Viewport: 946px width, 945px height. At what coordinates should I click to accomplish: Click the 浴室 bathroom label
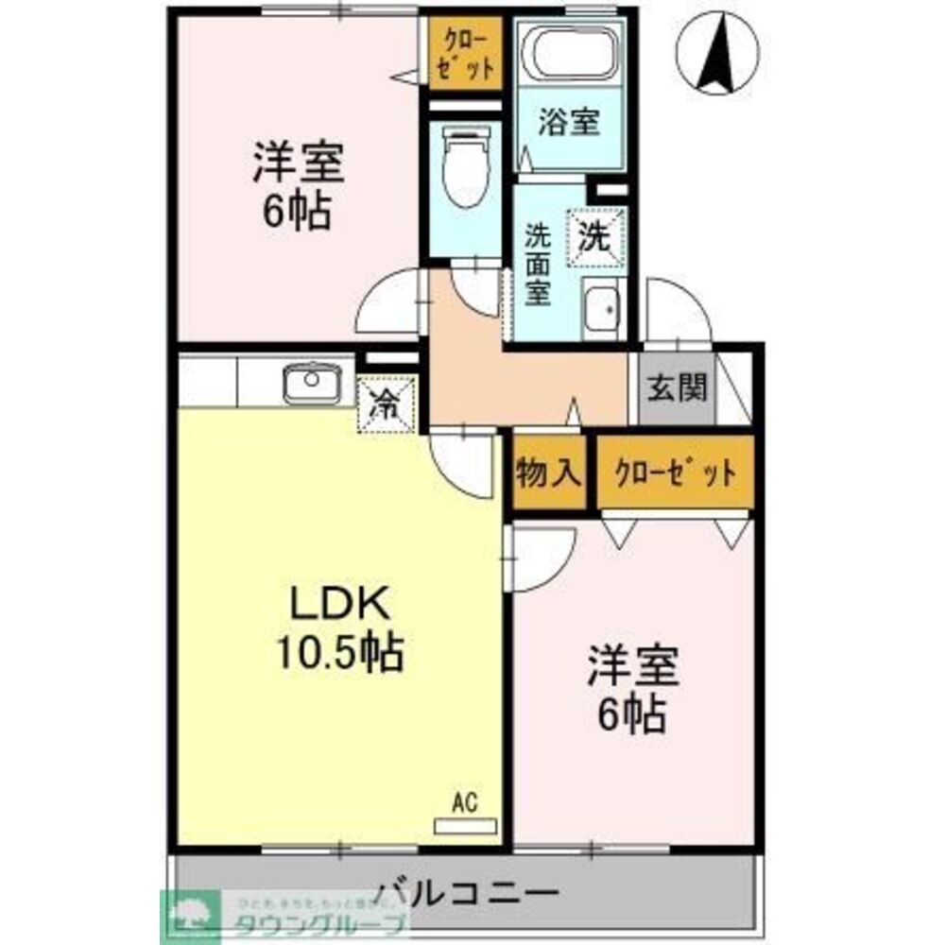(x=569, y=123)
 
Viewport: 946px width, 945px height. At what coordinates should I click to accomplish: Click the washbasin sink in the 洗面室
(x=600, y=307)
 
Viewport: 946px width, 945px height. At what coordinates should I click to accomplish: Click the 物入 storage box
(x=547, y=472)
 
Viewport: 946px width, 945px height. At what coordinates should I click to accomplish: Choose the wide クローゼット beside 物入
(x=674, y=472)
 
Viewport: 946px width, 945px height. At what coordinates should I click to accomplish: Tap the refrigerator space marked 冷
(x=385, y=404)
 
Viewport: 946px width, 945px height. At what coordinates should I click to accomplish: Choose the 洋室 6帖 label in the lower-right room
(x=631, y=691)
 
